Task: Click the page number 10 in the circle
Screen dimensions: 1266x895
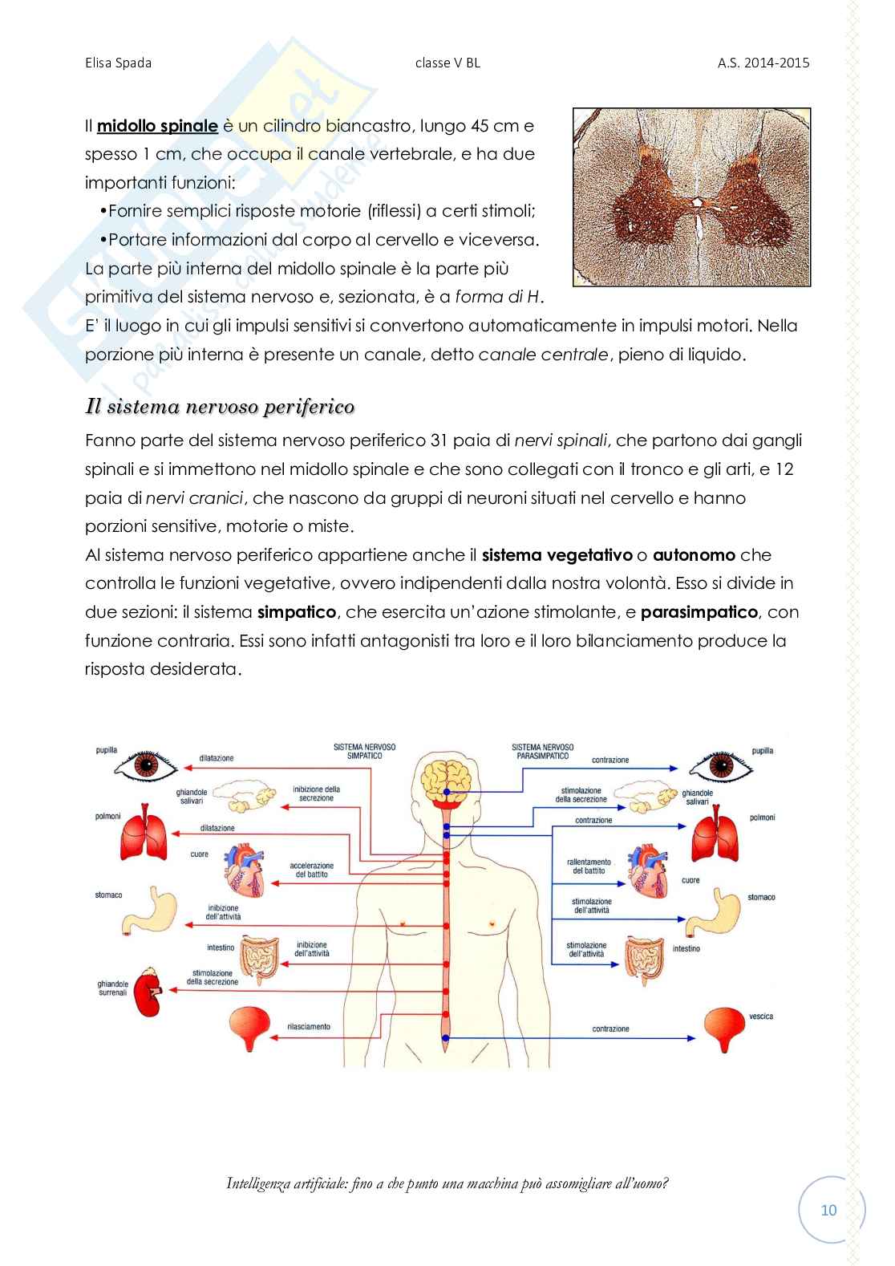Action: [x=828, y=1210]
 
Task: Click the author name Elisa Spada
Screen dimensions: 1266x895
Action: [x=118, y=63]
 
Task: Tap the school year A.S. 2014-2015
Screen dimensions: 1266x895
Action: [x=763, y=63]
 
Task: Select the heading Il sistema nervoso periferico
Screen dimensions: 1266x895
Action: [x=220, y=407]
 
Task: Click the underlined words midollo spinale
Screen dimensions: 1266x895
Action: [x=157, y=125]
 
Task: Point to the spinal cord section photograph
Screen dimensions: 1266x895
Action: [x=691, y=197]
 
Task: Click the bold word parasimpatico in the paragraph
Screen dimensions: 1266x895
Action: [x=699, y=612]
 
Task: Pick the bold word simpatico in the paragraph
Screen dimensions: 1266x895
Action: [x=297, y=612]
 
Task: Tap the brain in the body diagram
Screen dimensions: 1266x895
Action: [x=446, y=781]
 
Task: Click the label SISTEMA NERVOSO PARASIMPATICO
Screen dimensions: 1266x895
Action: [x=543, y=751]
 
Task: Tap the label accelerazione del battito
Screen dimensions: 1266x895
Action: [x=312, y=870]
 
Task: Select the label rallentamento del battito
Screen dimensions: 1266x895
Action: [x=589, y=866]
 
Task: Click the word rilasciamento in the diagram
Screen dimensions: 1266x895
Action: [x=309, y=1027]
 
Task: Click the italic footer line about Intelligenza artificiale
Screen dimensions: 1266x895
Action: [x=447, y=1183]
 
